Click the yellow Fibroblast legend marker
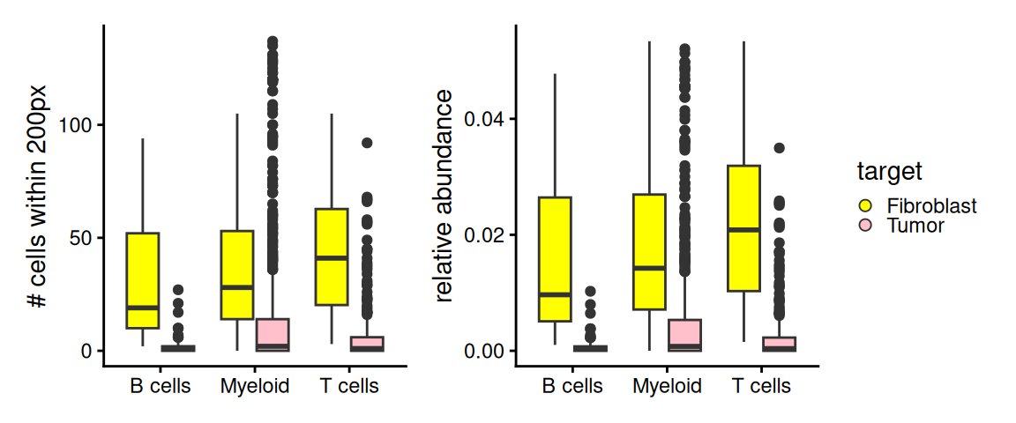pos(866,206)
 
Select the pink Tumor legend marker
pos(866,226)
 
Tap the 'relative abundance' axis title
pos(444,195)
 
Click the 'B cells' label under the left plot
pos(160,386)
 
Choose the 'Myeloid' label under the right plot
pos(667,386)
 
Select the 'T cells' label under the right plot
pos(761,386)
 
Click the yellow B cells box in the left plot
pos(143,280)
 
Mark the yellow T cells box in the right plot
pos(744,227)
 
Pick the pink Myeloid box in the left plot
pos(272,335)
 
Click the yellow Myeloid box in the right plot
pos(649,251)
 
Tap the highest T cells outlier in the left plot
pos(367,143)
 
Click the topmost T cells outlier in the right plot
pos(779,148)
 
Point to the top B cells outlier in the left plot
pos(177,289)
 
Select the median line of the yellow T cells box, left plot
pos(332,258)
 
